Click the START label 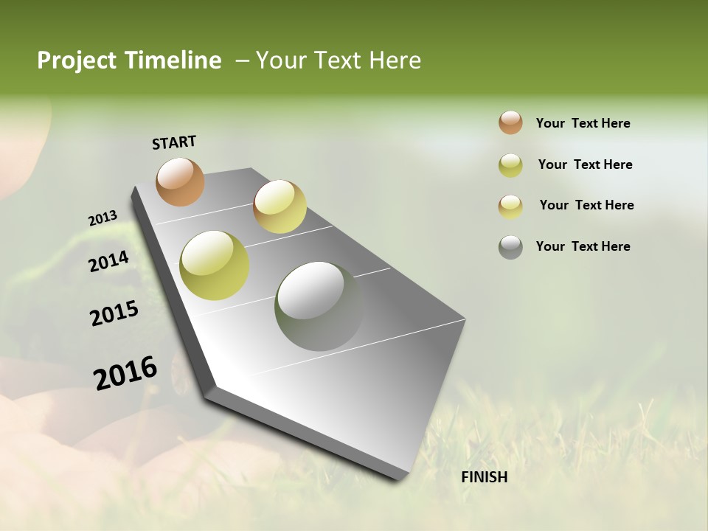tap(174, 142)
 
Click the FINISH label tap(484, 477)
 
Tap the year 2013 tap(103, 218)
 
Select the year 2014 tap(108, 262)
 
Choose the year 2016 tap(125, 373)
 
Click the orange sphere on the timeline tap(180, 181)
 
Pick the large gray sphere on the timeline tap(319, 306)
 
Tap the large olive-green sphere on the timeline tap(215, 265)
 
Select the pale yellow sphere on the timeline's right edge tap(280, 206)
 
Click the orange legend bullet tap(510, 122)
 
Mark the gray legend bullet tap(510, 247)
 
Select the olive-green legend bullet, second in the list tap(510, 165)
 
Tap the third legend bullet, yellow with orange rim tap(510, 206)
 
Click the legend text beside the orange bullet tap(583, 124)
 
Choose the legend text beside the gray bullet tap(583, 246)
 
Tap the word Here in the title tap(395, 60)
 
